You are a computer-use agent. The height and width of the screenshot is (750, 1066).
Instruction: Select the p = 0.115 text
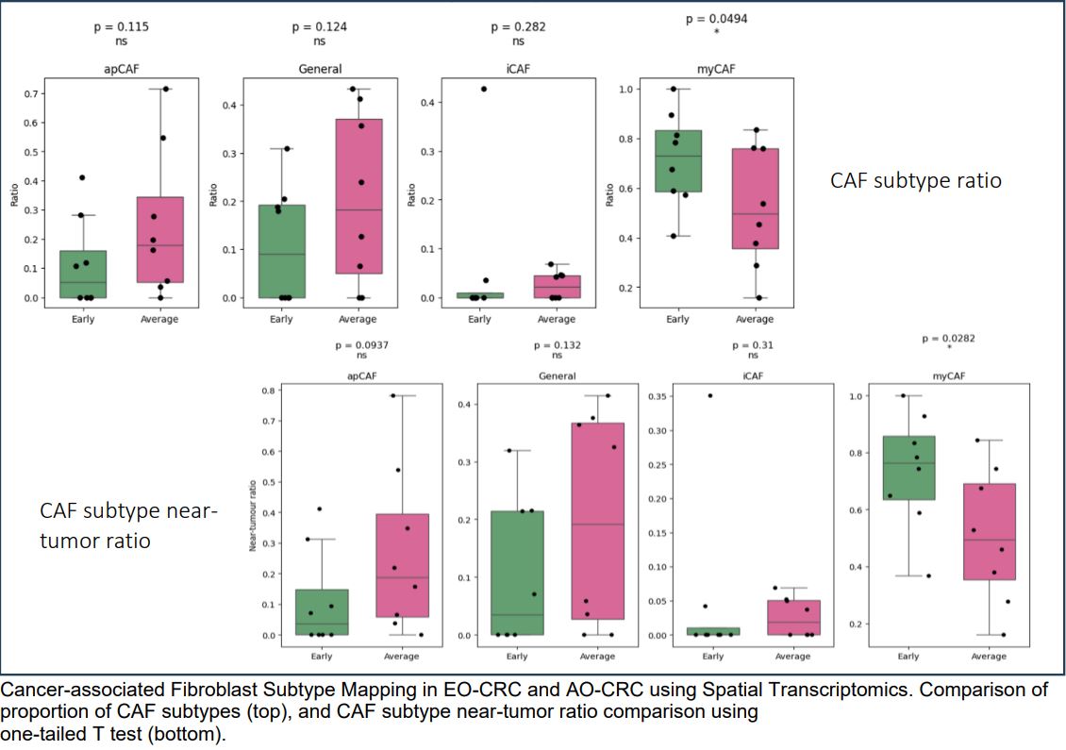coord(122,26)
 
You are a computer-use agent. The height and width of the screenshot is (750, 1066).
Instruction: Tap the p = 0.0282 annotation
coord(948,338)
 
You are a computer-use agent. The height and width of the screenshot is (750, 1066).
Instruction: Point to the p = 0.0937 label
coord(361,345)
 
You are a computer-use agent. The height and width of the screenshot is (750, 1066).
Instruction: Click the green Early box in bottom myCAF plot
coord(908,467)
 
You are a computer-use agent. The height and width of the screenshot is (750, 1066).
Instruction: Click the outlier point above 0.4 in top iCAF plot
coord(484,89)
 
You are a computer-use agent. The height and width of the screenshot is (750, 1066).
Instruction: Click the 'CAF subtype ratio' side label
coord(915,180)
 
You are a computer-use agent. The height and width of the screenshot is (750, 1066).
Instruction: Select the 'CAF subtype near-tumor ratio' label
coord(128,525)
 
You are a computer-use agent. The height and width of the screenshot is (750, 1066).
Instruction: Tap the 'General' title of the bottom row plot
coord(557,376)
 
